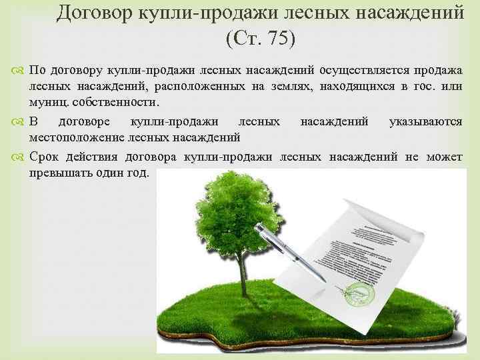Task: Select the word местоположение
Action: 78,138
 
